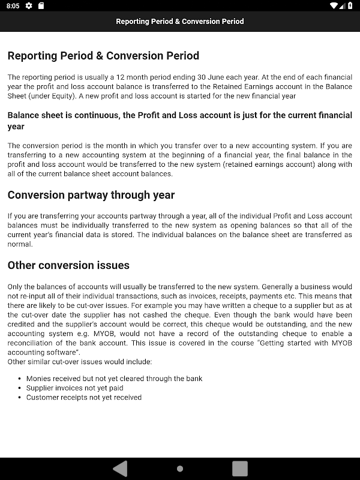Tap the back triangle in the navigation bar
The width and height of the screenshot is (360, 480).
coord(121,468)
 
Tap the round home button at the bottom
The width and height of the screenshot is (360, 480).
coord(180,469)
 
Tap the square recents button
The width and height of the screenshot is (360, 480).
coord(240,468)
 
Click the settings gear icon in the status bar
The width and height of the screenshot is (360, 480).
coord(29,6)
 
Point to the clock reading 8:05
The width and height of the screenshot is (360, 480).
coord(14,6)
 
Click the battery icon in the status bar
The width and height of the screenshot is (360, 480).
coord(350,6)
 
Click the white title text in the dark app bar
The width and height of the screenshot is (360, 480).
coord(180,22)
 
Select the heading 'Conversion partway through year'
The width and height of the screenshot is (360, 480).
coord(91,195)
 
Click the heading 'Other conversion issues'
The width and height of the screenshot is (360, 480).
coord(68,265)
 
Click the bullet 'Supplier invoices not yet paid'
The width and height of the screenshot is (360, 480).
coord(75,388)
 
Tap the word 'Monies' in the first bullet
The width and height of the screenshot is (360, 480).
coord(38,379)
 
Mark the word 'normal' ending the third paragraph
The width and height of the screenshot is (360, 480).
coord(19,244)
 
